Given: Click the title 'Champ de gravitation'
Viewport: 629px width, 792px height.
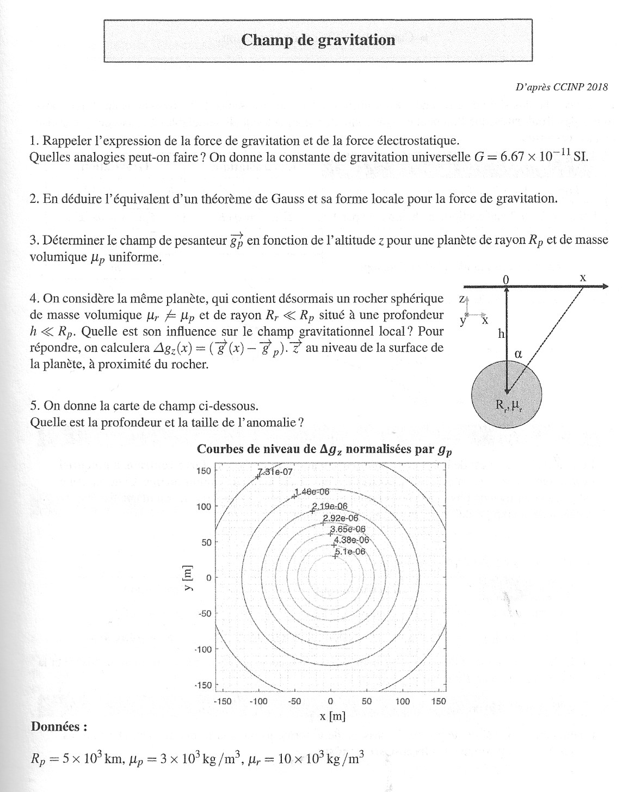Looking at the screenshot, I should (x=318, y=40).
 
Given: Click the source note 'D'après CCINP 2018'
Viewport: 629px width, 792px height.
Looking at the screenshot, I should (x=561, y=87).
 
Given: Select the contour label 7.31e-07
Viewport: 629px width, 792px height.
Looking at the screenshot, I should (x=275, y=472).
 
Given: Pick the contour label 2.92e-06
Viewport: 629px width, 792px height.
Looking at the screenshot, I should (x=341, y=518).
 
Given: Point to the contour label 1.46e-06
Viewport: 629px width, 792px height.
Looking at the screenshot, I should (x=312, y=492).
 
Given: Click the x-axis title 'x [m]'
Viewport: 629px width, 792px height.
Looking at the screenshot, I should (x=332, y=716).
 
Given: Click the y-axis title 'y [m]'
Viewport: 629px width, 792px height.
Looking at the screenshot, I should (x=188, y=578).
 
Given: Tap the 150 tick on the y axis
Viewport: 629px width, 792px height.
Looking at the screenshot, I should (x=203, y=471).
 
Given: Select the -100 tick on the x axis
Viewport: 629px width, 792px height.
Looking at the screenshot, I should (x=258, y=701).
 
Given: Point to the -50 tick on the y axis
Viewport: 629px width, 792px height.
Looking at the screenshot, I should (x=203, y=614).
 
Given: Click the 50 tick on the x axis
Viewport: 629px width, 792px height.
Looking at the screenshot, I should (x=367, y=701).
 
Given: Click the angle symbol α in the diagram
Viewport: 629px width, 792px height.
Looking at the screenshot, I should (x=518, y=354).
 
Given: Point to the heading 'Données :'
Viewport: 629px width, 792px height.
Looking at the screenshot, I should (x=59, y=727).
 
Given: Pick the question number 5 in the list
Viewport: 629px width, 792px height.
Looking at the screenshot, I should (x=34, y=406).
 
